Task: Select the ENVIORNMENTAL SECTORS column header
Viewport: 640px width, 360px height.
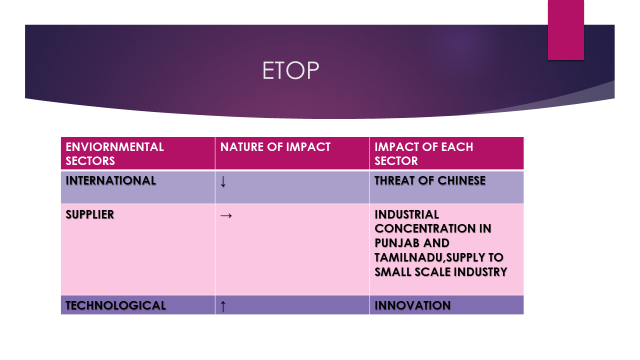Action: [114, 153]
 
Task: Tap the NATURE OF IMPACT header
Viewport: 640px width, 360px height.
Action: [274, 147]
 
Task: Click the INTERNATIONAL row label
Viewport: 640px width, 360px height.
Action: [110, 181]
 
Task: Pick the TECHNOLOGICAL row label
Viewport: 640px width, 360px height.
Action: [115, 305]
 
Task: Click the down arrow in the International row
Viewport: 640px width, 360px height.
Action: [222, 182]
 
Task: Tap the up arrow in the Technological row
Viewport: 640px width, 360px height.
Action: [222, 305]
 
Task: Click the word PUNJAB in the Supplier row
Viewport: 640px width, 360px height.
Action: [398, 243]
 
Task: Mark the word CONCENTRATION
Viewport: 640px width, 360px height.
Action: [426, 229]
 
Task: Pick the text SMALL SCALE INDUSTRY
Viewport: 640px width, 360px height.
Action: [440, 271]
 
